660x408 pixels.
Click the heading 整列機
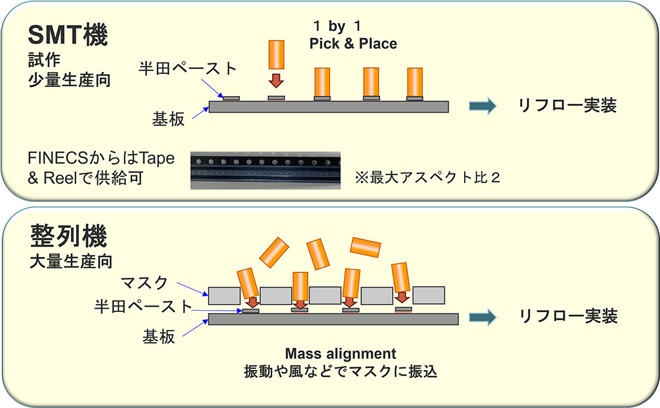pyautogui.click(x=68, y=237)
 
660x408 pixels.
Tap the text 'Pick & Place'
pyautogui.click(x=353, y=44)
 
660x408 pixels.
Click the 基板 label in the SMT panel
pyautogui.click(x=168, y=119)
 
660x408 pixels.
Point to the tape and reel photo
pyautogui.click(x=266, y=170)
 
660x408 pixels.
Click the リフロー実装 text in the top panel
pyautogui.click(x=568, y=106)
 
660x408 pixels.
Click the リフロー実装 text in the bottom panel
pyautogui.click(x=568, y=316)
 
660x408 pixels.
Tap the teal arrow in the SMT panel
pyautogui.click(x=482, y=106)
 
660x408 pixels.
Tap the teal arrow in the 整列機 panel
pyautogui.click(x=483, y=316)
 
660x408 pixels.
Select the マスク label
pyautogui.click(x=144, y=282)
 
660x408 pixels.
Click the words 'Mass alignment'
pyautogui.click(x=340, y=354)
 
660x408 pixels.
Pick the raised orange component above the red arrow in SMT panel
pyautogui.click(x=276, y=55)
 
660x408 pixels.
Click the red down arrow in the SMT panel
pyautogui.click(x=276, y=81)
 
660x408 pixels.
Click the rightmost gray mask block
pyautogui.click(x=428, y=295)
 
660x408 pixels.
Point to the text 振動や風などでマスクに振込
pyautogui.click(x=340, y=372)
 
